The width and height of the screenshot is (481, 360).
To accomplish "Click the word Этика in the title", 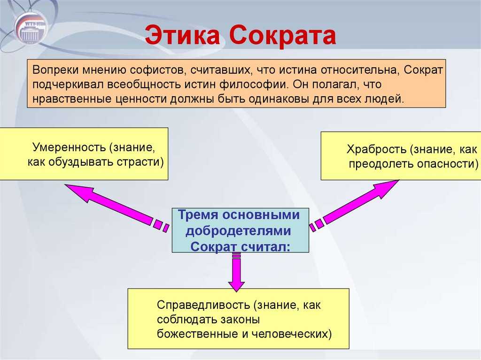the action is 183,35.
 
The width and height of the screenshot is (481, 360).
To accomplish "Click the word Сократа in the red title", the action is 282,35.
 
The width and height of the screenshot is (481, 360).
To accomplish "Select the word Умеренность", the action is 70,147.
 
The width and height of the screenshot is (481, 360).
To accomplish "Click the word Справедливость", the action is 204,305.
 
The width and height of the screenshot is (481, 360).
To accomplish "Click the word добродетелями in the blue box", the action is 238,231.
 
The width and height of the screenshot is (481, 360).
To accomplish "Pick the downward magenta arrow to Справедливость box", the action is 237,272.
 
